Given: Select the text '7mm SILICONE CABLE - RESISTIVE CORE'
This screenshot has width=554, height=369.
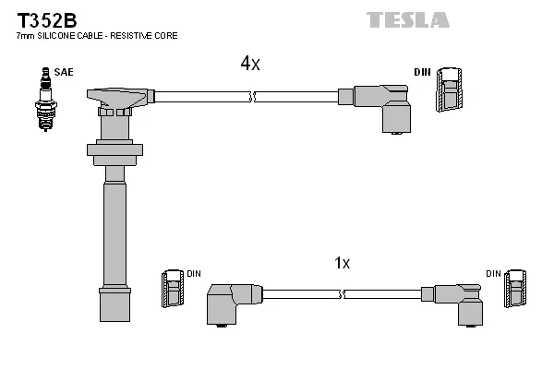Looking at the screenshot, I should [x=97, y=36].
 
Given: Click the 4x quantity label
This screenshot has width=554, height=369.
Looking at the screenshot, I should [x=250, y=63].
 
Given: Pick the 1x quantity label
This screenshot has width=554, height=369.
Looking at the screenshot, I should [x=342, y=263].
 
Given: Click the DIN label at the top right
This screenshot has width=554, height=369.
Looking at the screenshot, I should [x=422, y=72].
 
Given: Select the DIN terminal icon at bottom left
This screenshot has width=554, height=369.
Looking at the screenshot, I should [x=172, y=288].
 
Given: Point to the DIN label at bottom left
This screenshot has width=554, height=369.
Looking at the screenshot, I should [x=194, y=274].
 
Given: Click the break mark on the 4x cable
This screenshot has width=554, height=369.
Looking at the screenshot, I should [x=251, y=95].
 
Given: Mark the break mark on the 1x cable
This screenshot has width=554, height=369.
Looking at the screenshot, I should [x=343, y=294].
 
